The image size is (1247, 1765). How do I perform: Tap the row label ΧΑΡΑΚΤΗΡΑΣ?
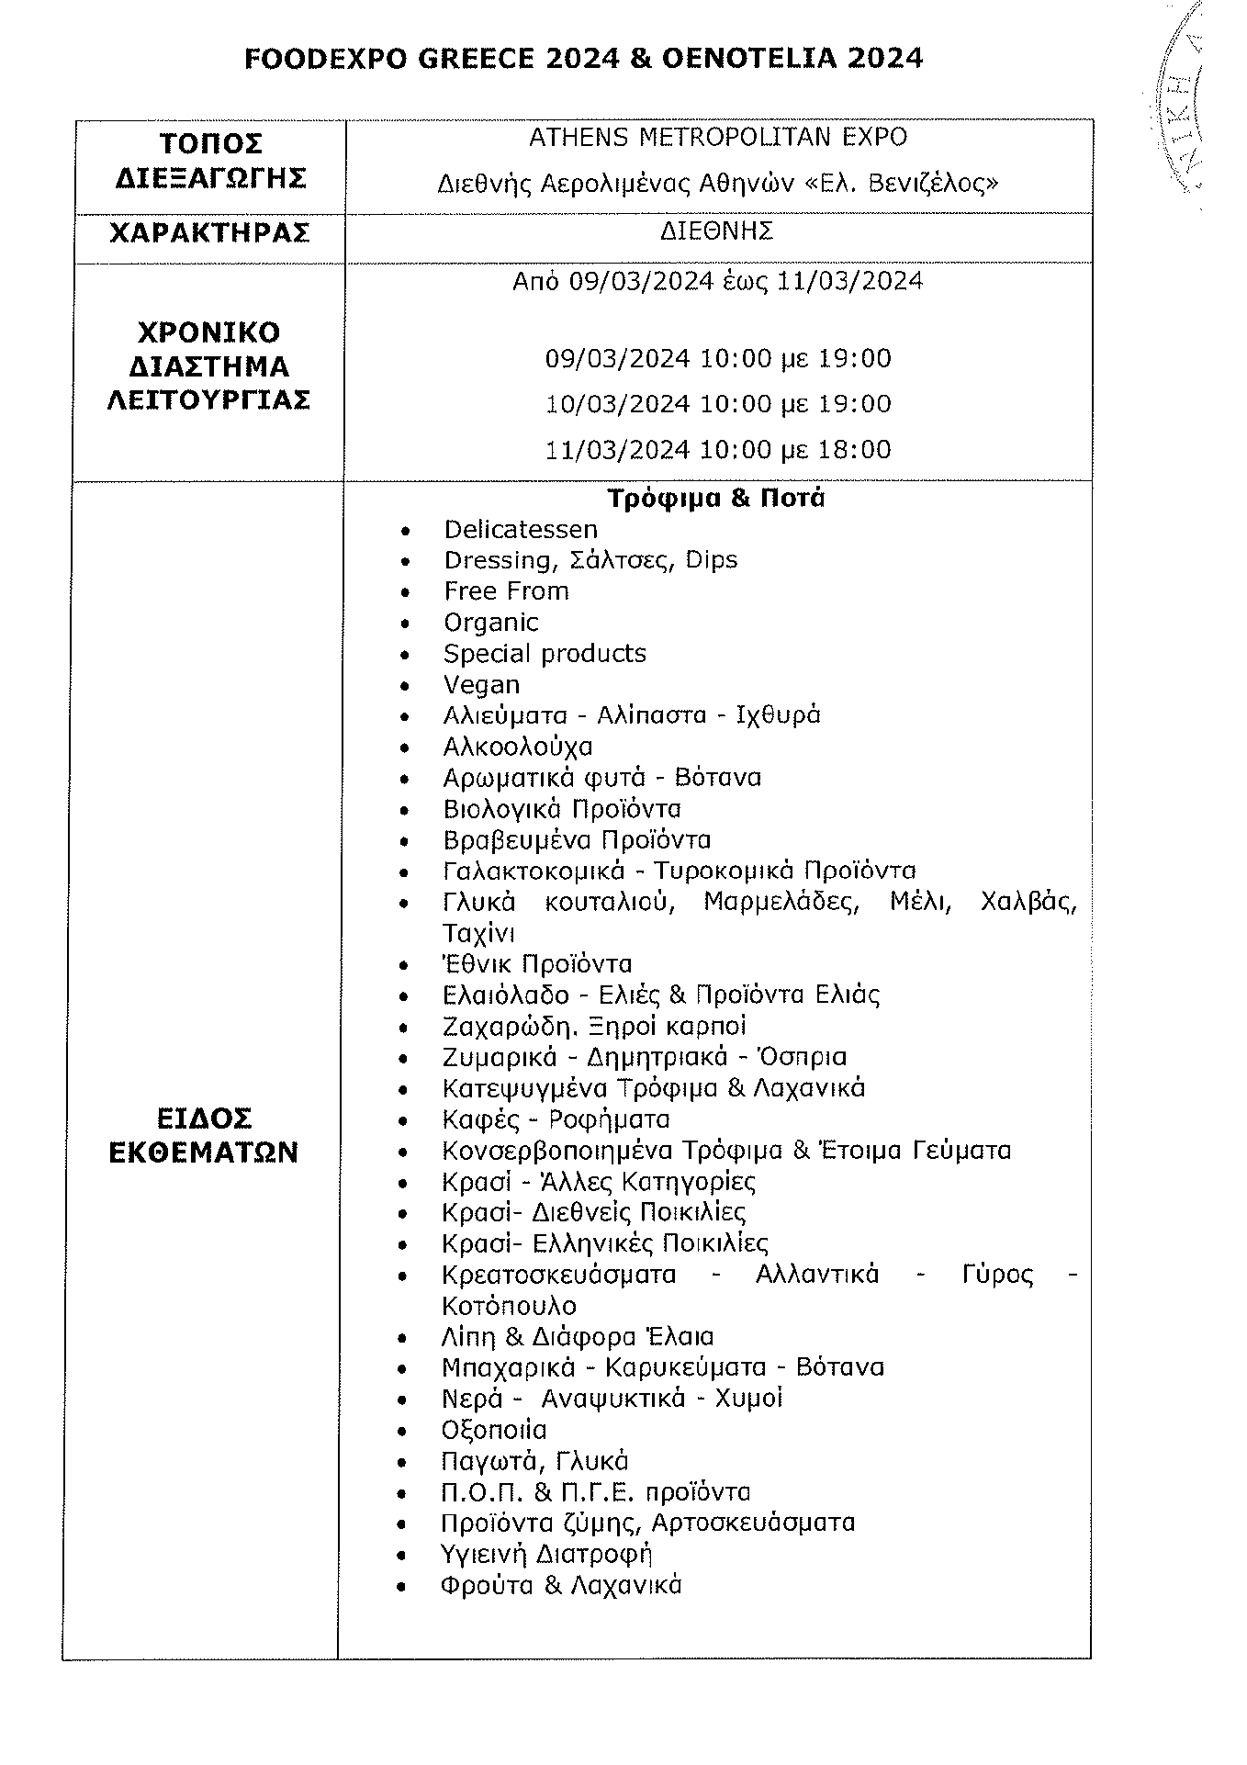click(209, 233)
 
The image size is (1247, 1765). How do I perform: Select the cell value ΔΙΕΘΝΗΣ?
click(716, 230)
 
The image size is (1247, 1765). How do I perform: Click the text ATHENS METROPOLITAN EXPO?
click(717, 137)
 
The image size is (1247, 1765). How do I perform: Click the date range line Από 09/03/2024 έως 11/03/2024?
click(717, 281)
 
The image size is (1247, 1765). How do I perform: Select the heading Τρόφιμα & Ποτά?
click(715, 499)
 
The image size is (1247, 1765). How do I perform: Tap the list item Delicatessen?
click(520, 530)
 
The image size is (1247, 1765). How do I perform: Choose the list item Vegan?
click(481, 685)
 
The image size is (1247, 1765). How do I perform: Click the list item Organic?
click(490, 623)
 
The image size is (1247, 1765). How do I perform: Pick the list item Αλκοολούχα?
click(517, 747)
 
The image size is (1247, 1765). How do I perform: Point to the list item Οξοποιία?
click(494, 1430)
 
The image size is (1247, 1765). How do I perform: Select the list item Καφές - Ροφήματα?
click(556, 1119)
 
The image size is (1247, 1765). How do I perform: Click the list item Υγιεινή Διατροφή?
click(546, 1554)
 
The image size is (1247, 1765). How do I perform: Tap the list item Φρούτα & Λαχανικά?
click(561, 1585)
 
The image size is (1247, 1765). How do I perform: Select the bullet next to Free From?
click(406, 593)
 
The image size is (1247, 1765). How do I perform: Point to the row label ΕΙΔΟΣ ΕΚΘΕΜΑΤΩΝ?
click(204, 1136)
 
